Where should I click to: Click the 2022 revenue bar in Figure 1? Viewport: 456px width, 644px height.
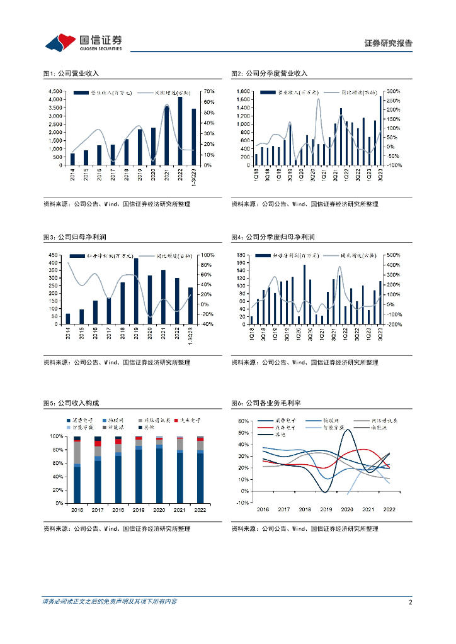coord(180,131)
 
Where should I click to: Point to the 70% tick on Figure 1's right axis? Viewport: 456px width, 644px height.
coord(209,92)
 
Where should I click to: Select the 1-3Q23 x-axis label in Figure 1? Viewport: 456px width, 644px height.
coord(194,177)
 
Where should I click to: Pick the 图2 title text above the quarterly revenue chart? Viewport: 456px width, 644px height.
coord(270,74)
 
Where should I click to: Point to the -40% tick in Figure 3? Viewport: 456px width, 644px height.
coord(207,325)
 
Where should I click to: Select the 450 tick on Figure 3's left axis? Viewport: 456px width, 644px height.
coord(54,255)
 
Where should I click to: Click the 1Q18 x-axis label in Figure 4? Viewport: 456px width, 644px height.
coord(251,336)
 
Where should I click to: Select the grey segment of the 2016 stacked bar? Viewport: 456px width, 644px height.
coord(77,453)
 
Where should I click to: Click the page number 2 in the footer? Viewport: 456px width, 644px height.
coord(410,602)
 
